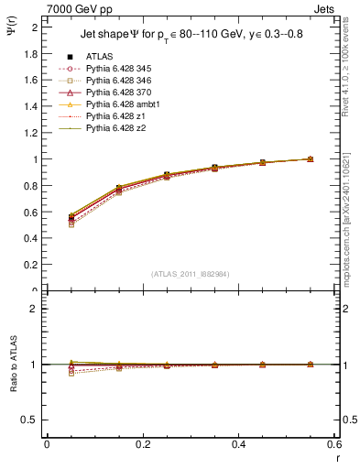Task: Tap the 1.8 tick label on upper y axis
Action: pyautogui.click(x=31, y=53)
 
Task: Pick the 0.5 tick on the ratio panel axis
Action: pyautogui.click(x=31, y=420)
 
